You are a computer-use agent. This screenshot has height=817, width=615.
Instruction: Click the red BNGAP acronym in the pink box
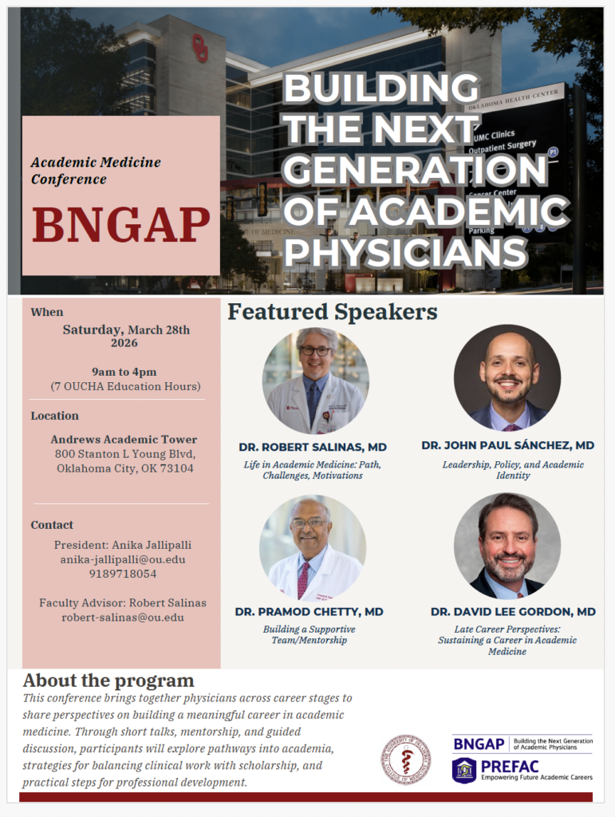120,224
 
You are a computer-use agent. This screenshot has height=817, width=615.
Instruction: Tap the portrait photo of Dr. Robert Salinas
315,381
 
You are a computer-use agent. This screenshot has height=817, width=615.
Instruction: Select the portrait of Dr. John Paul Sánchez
507,377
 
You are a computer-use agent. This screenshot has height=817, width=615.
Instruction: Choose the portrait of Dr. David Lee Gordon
507,546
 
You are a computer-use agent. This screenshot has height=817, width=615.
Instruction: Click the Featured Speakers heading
332,312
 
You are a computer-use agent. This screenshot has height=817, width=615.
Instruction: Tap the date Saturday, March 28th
126,329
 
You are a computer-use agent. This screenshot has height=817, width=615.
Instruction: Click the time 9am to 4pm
124,371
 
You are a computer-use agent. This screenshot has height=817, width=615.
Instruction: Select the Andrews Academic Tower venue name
124,440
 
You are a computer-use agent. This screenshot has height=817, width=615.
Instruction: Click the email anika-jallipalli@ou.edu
123,559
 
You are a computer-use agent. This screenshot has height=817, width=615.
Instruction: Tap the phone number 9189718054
123,574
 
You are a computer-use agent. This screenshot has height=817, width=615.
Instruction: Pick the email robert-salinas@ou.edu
123,618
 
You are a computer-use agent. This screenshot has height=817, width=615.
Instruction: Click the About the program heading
108,681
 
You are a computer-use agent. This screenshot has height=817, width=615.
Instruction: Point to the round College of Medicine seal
405,759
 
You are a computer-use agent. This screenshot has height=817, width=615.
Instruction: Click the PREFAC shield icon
464,770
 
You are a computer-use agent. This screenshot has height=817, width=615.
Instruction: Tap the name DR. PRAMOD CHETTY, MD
309,612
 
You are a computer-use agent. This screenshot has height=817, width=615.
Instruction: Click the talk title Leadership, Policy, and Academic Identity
513,470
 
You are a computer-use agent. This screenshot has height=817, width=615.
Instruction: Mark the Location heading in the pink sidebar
55,416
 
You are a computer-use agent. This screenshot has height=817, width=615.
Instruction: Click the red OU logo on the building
199,48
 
